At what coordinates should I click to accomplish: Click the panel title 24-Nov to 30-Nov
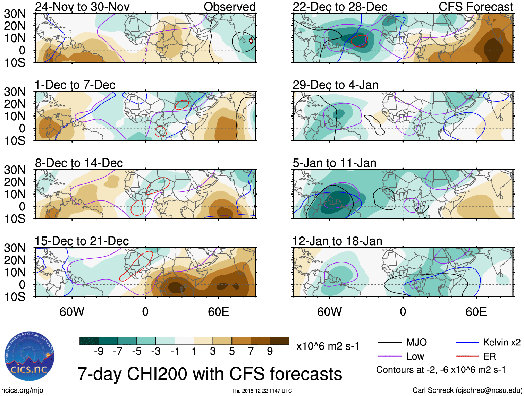click(x=82, y=7)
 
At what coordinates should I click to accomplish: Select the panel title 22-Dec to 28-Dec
click(x=340, y=7)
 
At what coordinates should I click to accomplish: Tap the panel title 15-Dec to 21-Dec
click(x=82, y=241)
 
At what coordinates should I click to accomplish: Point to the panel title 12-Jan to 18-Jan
click(x=337, y=241)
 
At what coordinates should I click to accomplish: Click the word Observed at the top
click(x=229, y=7)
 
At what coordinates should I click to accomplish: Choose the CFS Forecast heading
click(x=476, y=7)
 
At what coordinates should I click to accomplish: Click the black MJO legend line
click(x=390, y=343)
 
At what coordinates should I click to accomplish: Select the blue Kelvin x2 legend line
click(x=467, y=343)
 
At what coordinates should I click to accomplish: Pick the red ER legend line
click(x=467, y=356)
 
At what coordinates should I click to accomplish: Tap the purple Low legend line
click(x=390, y=356)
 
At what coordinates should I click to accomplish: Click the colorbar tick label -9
click(x=99, y=352)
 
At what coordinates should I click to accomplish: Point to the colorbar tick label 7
click(x=251, y=352)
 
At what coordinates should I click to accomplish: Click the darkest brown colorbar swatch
click(x=279, y=341)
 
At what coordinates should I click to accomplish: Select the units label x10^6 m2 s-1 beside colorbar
click(x=328, y=346)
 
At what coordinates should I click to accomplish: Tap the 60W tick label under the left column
click(x=72, y=312)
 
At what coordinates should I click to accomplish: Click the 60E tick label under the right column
click(x=476, y=312)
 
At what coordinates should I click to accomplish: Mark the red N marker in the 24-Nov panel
click(x=251, y=41)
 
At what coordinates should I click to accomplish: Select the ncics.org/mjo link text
click(x=23, y=390)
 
